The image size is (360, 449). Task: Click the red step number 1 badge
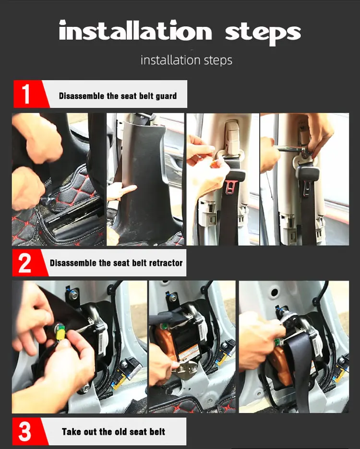tap(29, 94)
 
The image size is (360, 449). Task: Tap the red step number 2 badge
tap(27, 262)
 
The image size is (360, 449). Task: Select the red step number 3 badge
tap(27, 431)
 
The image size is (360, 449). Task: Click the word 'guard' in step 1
tap(166, 96)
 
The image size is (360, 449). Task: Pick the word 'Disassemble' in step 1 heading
tap(82, 96)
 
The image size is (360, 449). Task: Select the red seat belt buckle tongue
tap(231, 187)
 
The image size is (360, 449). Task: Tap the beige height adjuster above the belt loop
tap(232, 136)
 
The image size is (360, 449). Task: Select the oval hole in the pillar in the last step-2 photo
tap(274, 293)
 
